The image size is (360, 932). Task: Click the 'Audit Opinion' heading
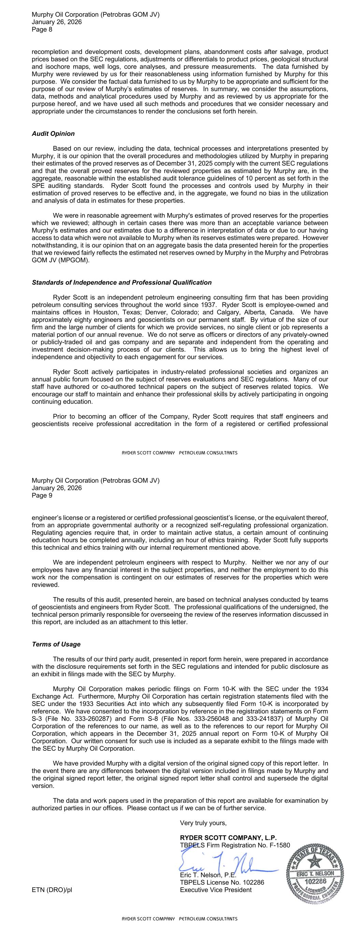click(53, 133)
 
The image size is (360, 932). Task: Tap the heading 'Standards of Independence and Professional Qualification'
click(121, 282)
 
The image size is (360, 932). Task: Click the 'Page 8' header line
click(42, 30)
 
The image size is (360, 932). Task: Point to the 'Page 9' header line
click(42, 495)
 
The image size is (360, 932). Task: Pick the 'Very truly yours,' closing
click(203, 823)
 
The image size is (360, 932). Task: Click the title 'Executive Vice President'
click(216, 890)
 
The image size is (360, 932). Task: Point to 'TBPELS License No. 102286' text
click(222, 882)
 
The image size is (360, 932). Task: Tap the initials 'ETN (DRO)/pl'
click(52, 890)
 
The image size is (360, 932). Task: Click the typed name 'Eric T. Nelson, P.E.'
click(208, 875)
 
